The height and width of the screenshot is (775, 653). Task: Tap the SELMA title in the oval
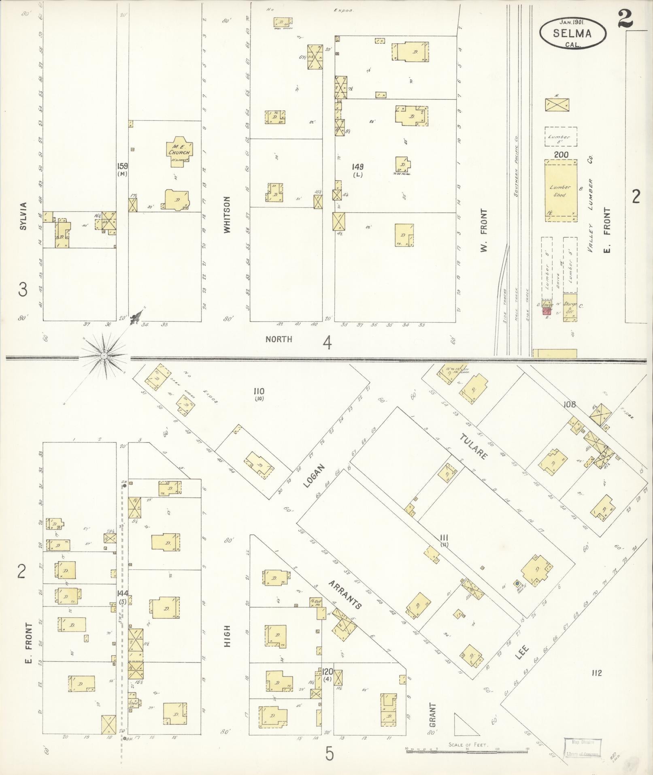pos(572,34)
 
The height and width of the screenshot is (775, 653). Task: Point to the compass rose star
pos(104,356)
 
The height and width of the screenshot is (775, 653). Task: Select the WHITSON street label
pos(227,215)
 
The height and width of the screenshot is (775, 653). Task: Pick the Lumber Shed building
pos(561,190)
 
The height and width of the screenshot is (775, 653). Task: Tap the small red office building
pos(547,311)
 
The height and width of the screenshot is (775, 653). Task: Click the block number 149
pos(357,167)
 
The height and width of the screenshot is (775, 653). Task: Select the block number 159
pos(122,166)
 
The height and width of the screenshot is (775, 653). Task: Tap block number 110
pos(259,391)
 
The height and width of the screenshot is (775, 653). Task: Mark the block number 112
pos(596,673)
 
